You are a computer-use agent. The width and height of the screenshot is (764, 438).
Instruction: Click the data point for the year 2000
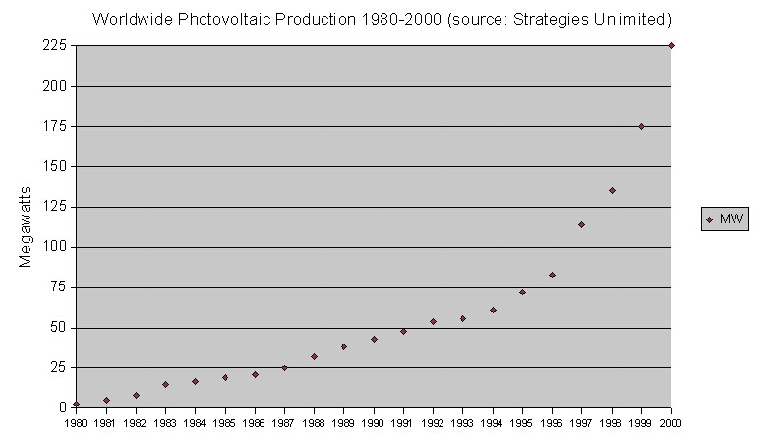[671, 45]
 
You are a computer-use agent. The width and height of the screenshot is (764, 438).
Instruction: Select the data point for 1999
[641, 126]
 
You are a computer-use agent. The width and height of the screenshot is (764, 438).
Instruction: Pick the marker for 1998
[612, 190]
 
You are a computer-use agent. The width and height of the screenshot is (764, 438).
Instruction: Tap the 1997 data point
[581, 224]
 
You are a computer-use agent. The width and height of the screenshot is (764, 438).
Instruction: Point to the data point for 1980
[76, 404]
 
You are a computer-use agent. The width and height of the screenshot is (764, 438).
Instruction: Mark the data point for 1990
[374, 339]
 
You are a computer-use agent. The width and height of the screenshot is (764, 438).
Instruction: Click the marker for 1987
[284, 367]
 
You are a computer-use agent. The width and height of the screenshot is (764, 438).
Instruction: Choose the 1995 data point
[522, 291]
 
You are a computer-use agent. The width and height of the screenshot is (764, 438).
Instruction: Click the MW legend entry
[726, 219]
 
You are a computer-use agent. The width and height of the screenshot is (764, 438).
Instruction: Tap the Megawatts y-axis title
[27, 226]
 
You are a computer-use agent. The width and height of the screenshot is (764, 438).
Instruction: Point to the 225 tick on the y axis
[53, 46]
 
